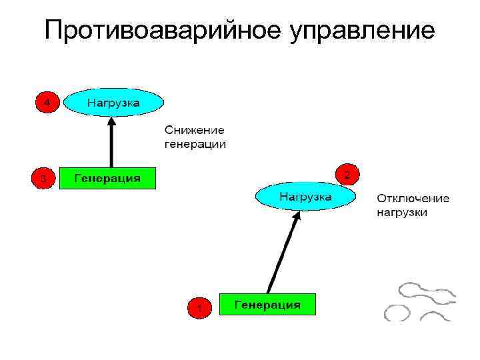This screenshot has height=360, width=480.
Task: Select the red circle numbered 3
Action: [x=43, y=179]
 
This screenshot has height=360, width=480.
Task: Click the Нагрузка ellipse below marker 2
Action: [x=305, y=197]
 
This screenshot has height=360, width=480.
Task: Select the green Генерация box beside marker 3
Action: [x=107, y=179]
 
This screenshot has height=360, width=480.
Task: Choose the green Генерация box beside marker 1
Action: [x=267, y=305]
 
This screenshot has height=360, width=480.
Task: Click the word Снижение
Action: [x=195, y=131]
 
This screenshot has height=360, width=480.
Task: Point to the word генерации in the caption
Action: [x=195, y=144]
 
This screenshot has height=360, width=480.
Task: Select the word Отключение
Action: [x=413, y=199]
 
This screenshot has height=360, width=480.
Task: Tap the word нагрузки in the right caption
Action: [x=402, y=213]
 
